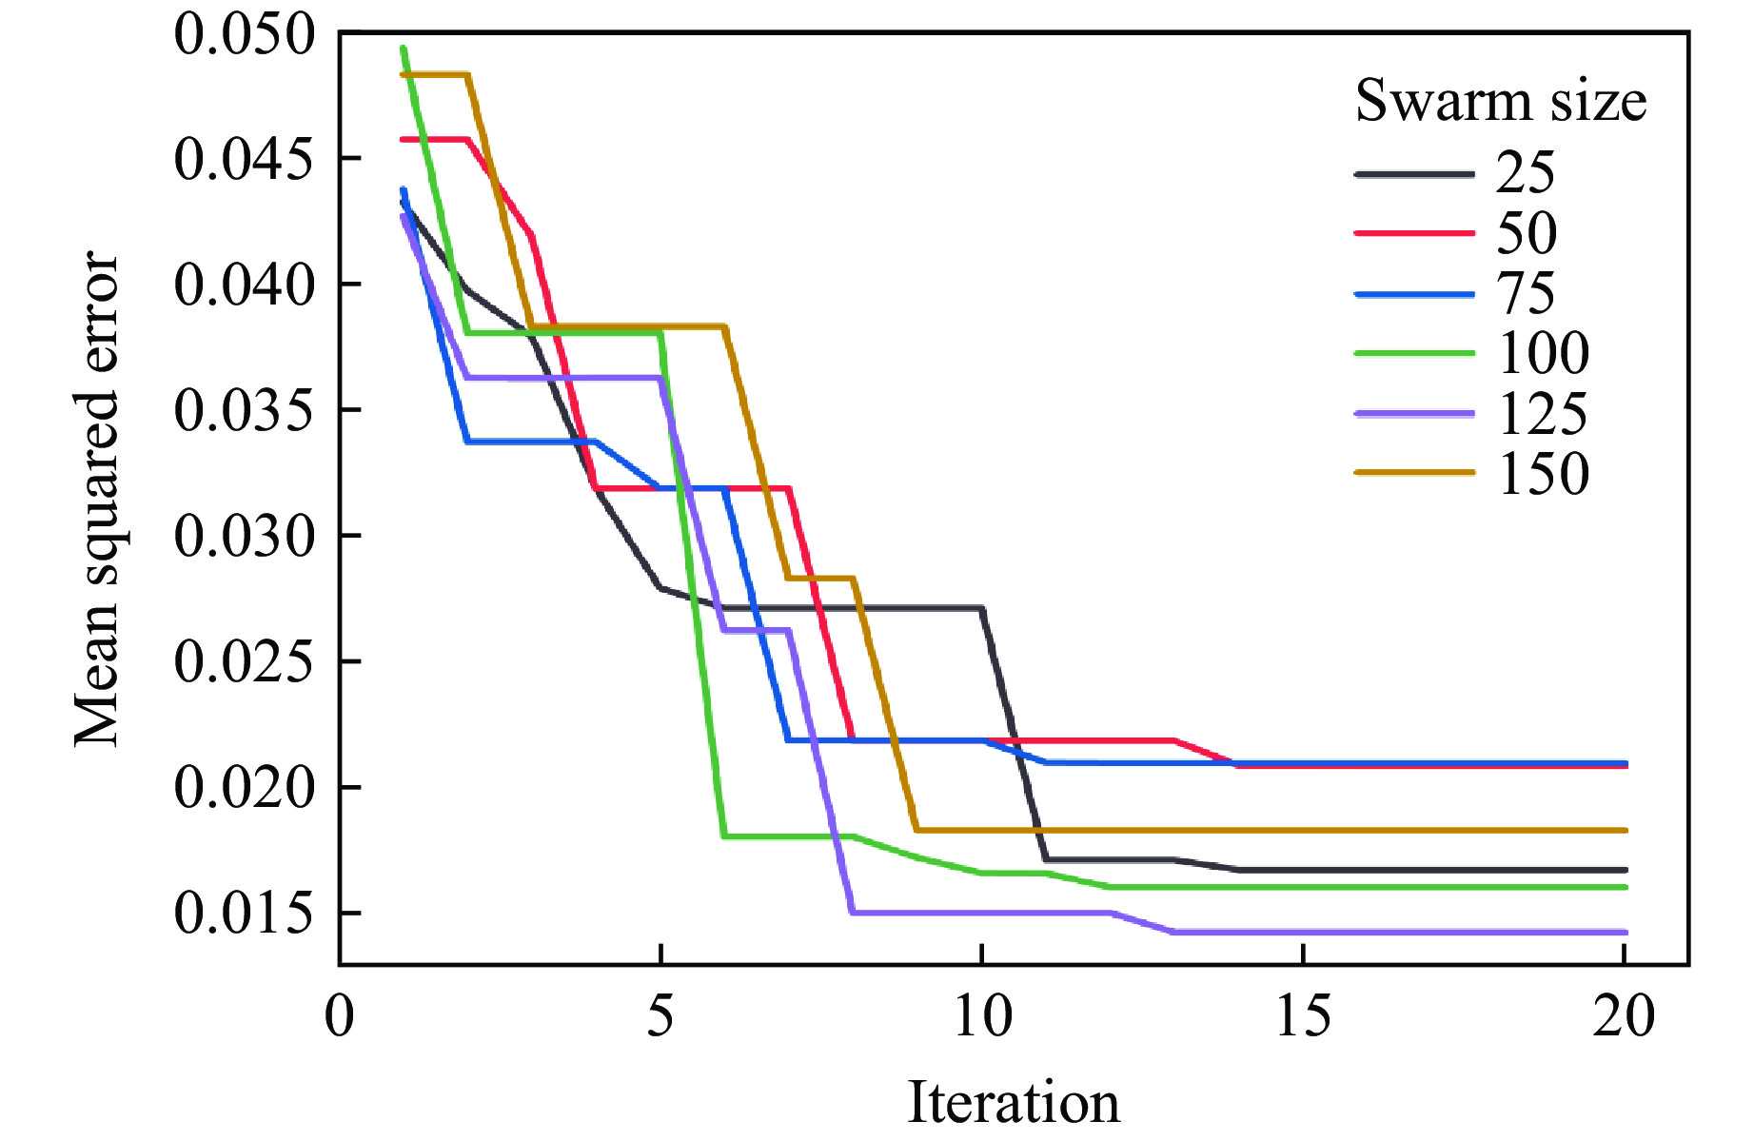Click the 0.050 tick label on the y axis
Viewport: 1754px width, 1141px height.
pos(244,35)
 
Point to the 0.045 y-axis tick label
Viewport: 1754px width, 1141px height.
pos(244,159)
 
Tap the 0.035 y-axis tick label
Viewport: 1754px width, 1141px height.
pos(244,411)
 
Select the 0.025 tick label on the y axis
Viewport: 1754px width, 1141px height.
pos(244,662)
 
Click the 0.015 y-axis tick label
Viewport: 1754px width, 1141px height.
pos(244,914)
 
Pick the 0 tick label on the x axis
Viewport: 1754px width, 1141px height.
pos(339,1015)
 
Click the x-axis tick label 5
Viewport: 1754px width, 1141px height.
pos(660,1015)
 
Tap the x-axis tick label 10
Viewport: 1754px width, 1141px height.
pos(981,1015)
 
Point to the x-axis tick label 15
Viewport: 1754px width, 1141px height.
pos(1303,1015)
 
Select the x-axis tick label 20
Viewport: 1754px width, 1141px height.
pos(1624,1015)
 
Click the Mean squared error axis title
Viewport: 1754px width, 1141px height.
pos(98,500)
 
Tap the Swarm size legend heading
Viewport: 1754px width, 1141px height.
pos(1501,101)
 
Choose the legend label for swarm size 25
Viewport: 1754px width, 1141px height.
pos(1526,173)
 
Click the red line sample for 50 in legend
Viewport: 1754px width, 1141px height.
pos(1414,233)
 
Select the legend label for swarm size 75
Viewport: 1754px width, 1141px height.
pos(1526,293)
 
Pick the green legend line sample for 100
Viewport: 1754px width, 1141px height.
pos(1414,353)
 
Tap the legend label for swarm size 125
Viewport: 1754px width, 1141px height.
pos(1543,414)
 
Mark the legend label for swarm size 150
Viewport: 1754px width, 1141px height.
pos(1543,474)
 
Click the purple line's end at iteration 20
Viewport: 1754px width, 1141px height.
pos(1625,933)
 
